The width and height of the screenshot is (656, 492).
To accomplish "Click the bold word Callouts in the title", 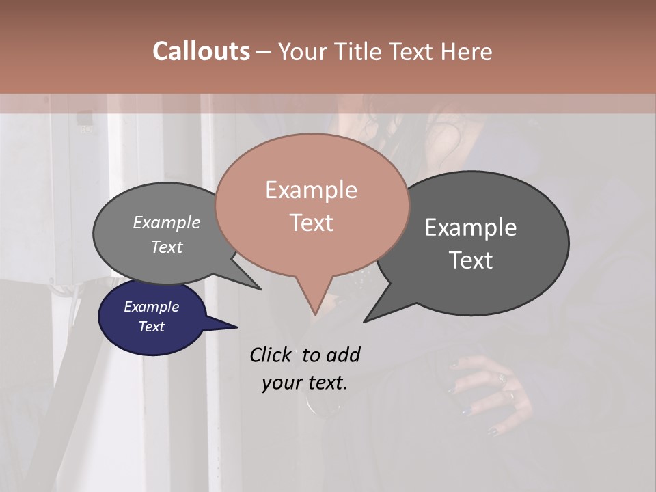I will pyautogui.click(x=201, y=51).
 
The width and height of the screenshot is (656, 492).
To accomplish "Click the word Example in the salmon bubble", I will pyautogui.click(x=311, y=189).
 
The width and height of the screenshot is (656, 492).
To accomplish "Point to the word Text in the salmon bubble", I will pyautogui.click(x=311, y=222).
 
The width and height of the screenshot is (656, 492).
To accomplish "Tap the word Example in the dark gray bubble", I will pyautogui.click(x=471, y=228).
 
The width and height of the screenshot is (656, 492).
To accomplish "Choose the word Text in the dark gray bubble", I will pyautogui.click(x=471, y=260).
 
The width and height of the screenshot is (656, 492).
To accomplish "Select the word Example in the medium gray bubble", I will pyautogui.click(x=167, y=222).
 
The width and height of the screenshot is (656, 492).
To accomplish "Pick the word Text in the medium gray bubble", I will pyautogui.click(x=167, y=247).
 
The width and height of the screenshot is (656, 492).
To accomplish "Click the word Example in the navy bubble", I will pyautogui.click(x=151, y=307).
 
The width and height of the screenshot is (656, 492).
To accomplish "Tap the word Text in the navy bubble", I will pyautogui.click(x=151, y=327).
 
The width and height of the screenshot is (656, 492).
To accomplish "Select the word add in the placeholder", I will pyautogui.click(x=342, y=355).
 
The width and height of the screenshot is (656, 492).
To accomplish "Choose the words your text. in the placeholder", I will pyautogui.click(x=305, y=383).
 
